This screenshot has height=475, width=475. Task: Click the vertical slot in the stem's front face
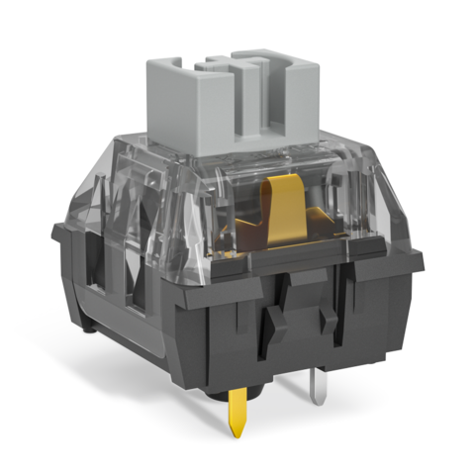coord(255,109)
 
